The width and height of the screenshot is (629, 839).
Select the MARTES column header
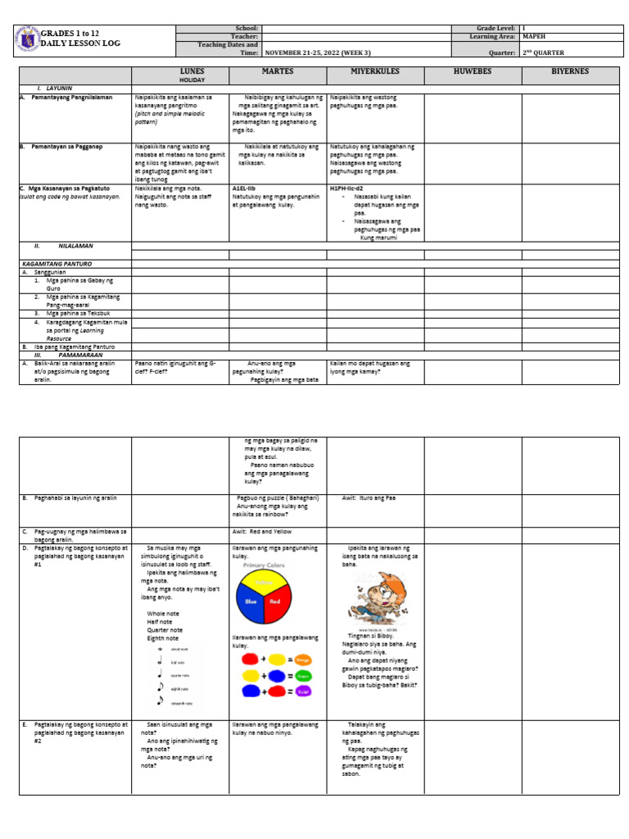coord(277,72)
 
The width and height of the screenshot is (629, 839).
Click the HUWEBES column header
coord(472,72)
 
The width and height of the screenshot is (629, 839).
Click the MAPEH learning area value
coord(534,37)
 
